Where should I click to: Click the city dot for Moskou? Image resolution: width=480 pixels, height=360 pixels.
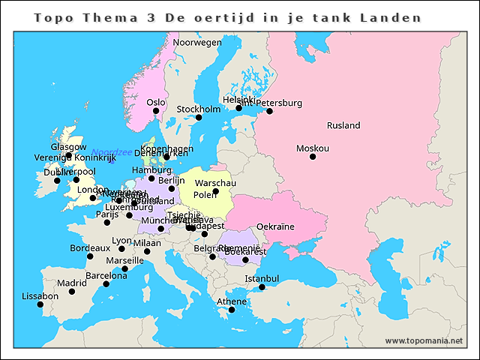click(313, 157)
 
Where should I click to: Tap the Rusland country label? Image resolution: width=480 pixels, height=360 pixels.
click(343, 126)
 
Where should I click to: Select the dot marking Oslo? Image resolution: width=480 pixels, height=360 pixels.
click(156, 111)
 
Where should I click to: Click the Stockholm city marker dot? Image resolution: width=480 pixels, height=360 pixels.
click(199, 118)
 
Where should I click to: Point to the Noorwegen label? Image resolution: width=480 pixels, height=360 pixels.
click(197, 43)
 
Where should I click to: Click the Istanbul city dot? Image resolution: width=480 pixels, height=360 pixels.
click(262, 287)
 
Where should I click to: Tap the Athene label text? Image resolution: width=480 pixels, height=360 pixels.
click(231, 301)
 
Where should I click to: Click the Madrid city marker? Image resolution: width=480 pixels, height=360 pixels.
click(72, 292)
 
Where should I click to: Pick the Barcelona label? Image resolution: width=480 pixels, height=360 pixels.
click(106, 275)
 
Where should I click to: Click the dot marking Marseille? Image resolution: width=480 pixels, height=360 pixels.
click(124, 268)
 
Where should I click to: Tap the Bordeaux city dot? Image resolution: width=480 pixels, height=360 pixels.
click(90, 256)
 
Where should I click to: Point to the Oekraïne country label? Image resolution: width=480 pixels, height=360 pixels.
click(275, 226)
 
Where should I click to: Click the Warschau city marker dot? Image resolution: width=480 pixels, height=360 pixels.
click(216, 191)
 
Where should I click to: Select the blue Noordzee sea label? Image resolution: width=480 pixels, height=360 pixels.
click(112, 152)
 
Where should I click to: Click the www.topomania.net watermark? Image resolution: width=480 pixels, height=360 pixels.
click(424, 341)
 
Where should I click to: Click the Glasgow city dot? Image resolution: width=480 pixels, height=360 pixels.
click(69, 155)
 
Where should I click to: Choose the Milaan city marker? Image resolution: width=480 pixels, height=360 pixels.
click(147, 251)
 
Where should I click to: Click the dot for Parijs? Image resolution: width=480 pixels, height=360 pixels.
click(107, 222)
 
